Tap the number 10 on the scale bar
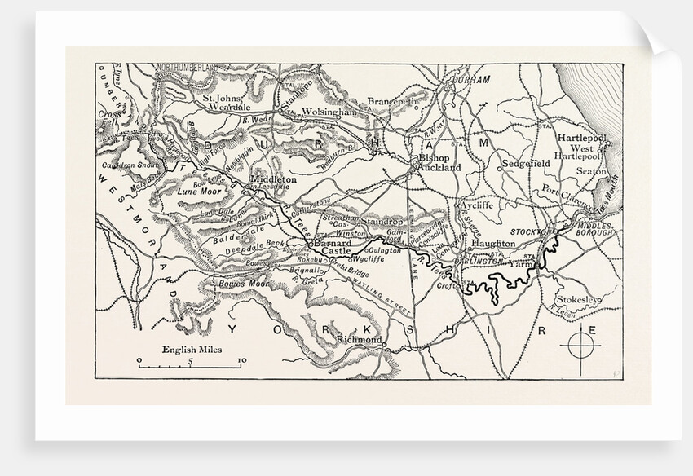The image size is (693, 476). click(x=241, y=359)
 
